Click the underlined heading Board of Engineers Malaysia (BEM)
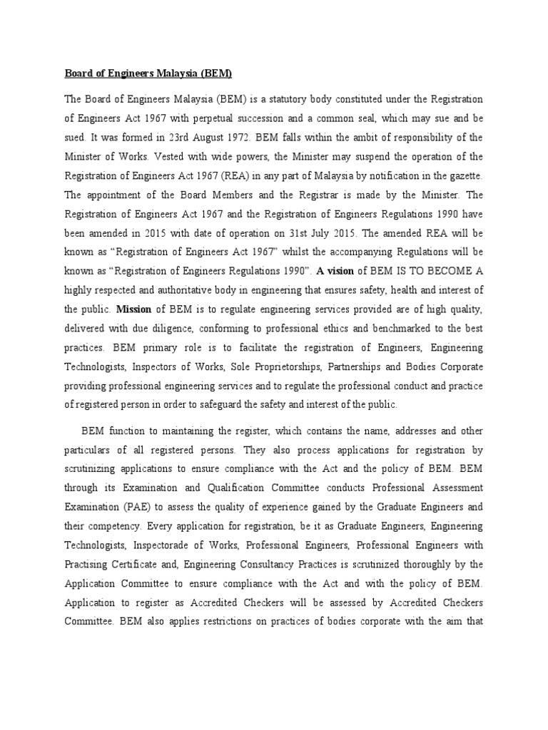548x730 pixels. click(148, 73)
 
